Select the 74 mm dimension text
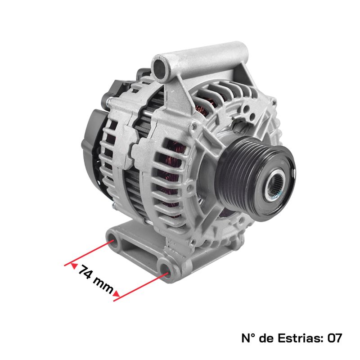click(96, 279)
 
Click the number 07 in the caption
click(335, 338)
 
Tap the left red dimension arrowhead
click(74, 265)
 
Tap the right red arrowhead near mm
click(117, 294)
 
